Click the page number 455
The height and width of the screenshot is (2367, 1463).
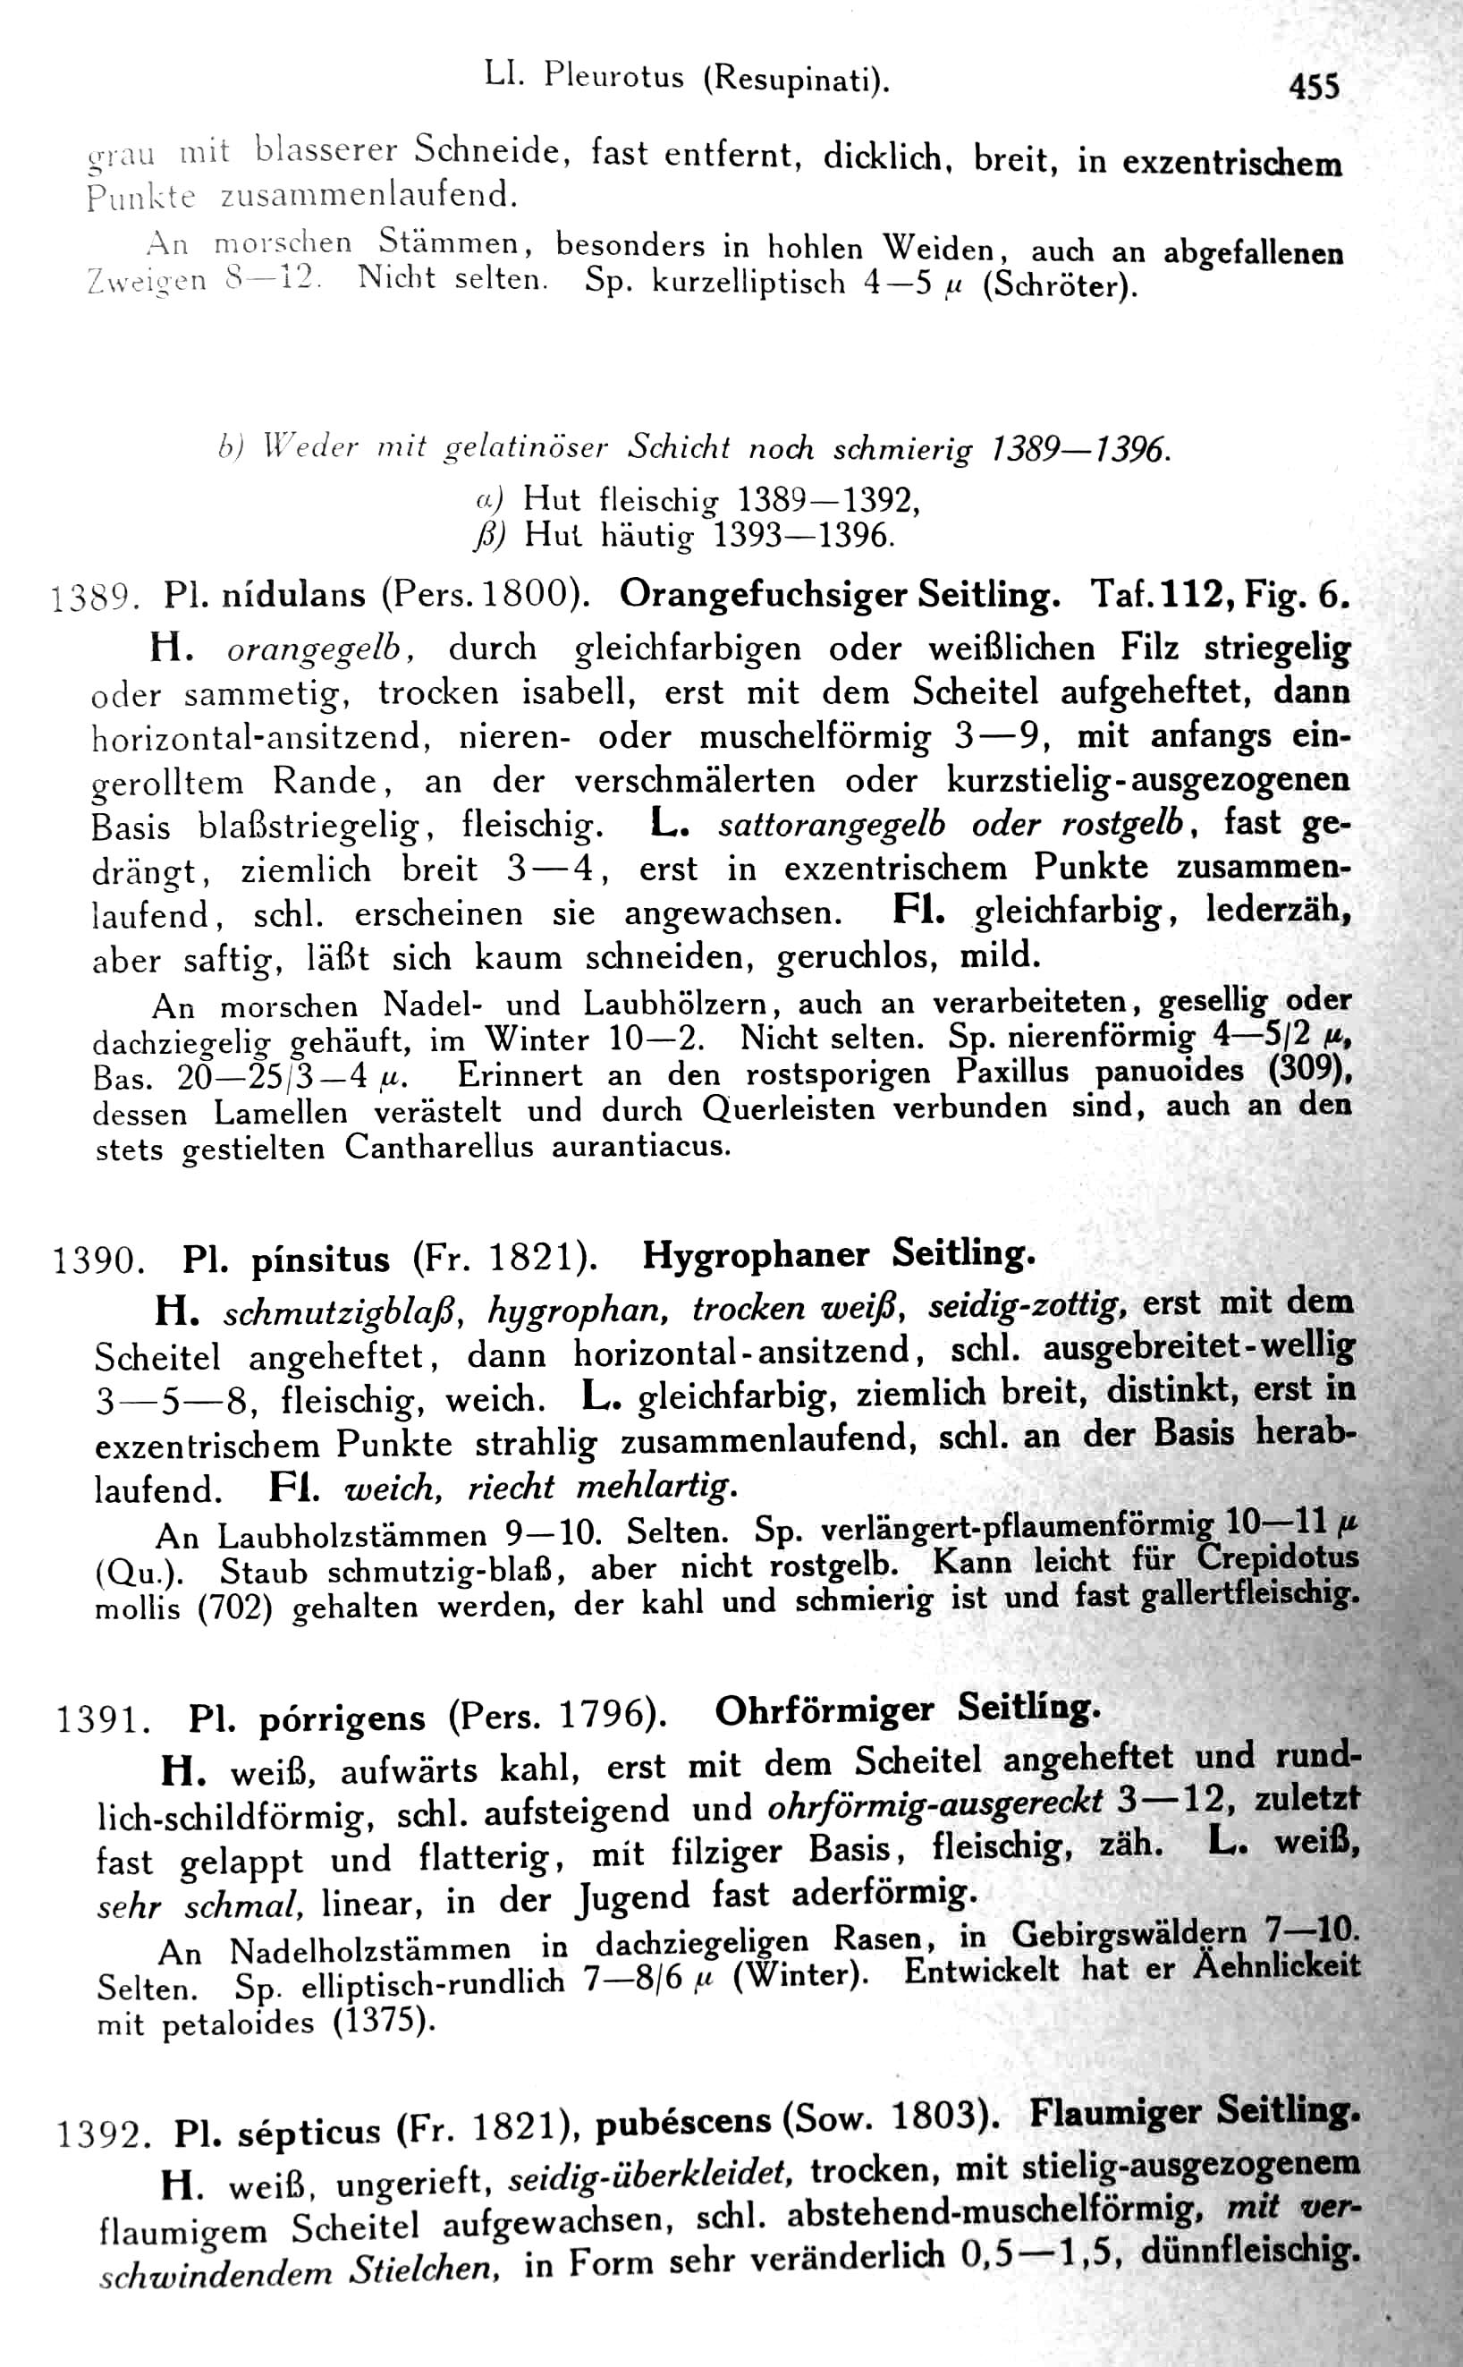[1314, 89]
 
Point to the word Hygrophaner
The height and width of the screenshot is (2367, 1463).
[757, 1255]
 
